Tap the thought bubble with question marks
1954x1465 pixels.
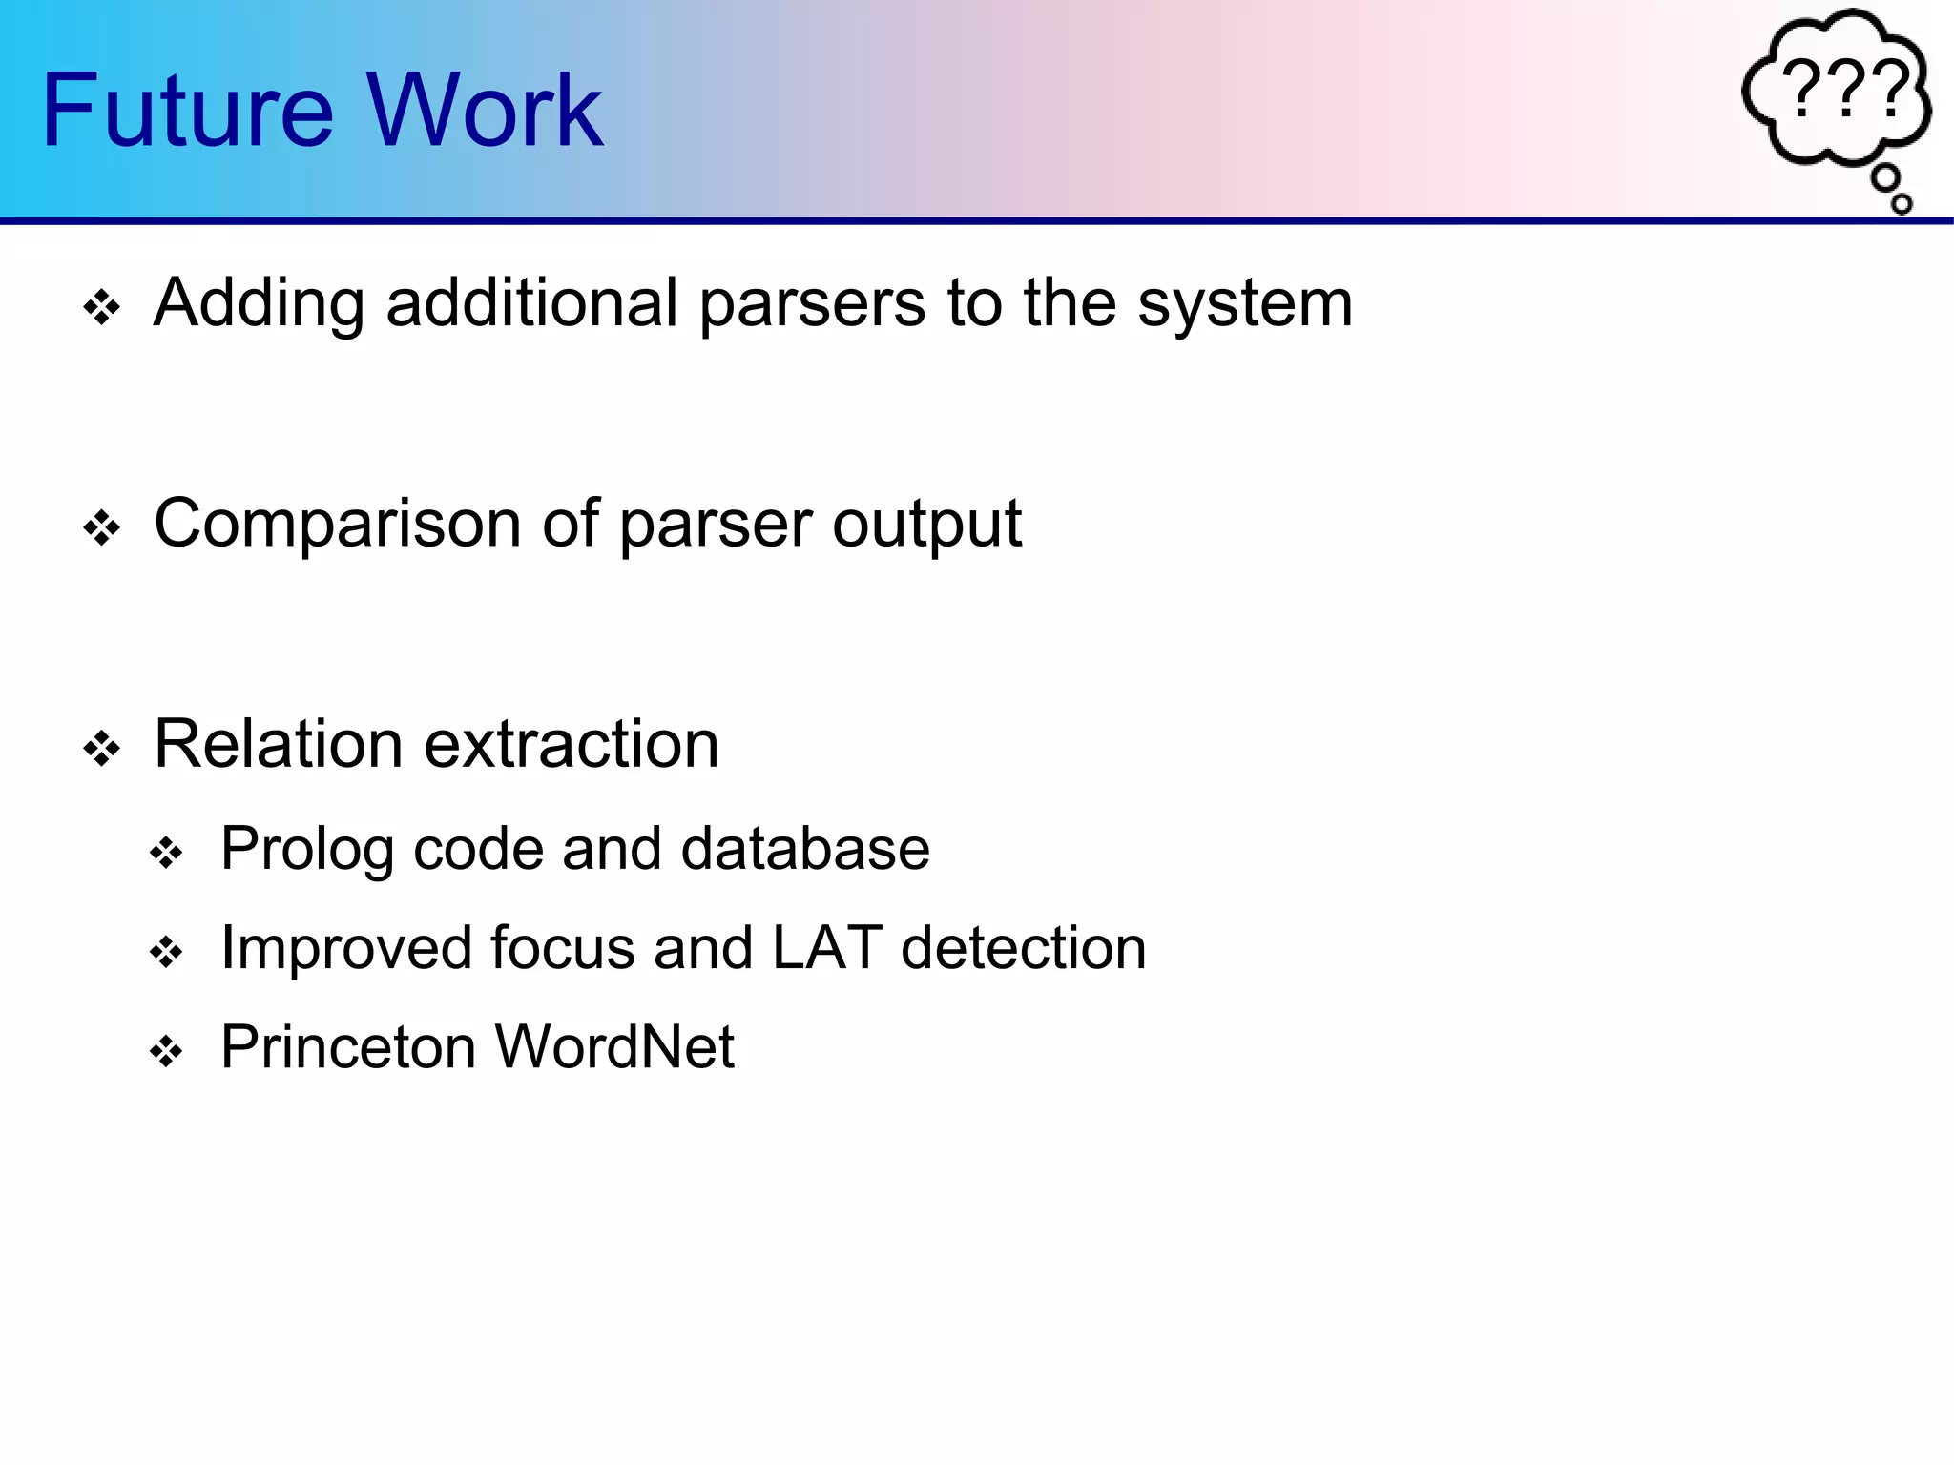click(1837, 91)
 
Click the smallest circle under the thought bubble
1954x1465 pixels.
click(1902, 203)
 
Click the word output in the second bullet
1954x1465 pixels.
click(926, 526)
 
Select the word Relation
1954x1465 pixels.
click(278, 744)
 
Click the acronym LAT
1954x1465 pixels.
click(826, 948)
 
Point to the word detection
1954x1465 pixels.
click(1023, 948)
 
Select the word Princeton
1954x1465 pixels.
click(347, 1047)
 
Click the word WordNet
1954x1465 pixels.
click(614, 1047)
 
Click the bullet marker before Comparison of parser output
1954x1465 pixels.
click(102, 528)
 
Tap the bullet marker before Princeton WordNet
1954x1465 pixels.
click(167, 1052)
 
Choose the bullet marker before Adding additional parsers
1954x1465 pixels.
click(102, 308)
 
